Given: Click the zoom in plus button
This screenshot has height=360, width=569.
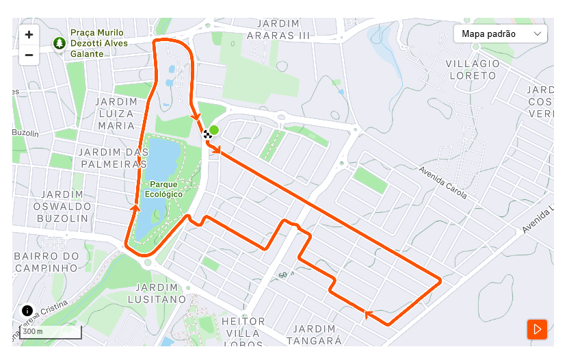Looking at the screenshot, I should tap(29, 34).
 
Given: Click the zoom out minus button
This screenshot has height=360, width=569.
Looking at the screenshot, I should tap(29, 55).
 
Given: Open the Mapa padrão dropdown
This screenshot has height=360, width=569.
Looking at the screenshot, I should tap(501, 34).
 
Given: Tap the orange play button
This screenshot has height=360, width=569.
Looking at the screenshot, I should tap(537, 329).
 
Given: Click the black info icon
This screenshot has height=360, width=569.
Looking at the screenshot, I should tap(27, 311).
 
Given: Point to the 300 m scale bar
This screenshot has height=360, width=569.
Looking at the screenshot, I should tap(51, 333).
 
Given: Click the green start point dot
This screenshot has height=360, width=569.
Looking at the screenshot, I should tap(214, 130).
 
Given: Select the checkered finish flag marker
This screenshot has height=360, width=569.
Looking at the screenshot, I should tap(207, 135).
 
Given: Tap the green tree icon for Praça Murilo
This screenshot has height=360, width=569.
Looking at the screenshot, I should tap(59, 43).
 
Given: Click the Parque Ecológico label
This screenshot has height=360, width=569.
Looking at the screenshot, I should tap(166, 190).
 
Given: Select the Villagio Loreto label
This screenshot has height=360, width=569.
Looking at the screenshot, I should tap(473, 69).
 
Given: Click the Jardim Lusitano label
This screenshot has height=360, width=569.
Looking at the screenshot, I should tap(157, 293).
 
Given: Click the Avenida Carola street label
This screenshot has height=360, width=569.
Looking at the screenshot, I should tap(443, 182).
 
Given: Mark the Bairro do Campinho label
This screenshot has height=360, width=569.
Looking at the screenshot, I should tap(46, 261).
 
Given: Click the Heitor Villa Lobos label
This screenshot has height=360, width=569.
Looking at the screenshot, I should tap(243, 327).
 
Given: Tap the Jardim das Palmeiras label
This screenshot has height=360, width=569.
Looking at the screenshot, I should tap(112, 157).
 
